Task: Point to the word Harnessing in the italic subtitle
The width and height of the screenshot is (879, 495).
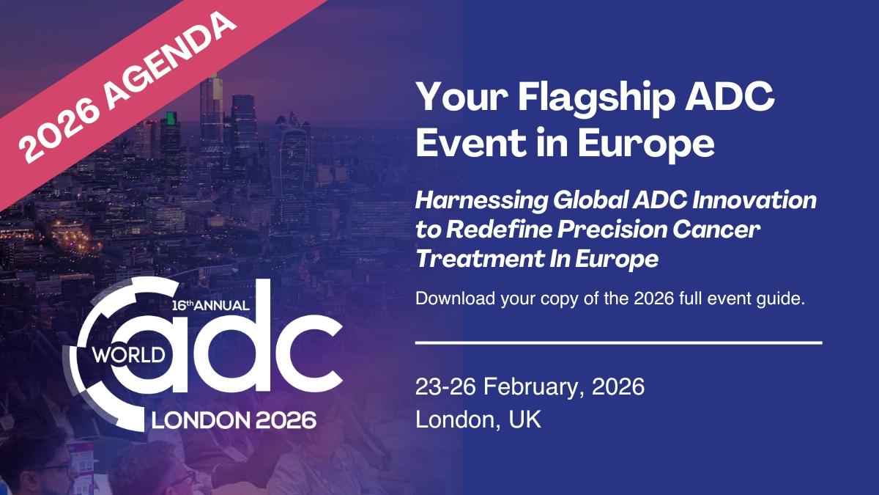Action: [x=481, y=201]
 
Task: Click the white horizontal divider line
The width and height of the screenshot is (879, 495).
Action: [x=619, y=343]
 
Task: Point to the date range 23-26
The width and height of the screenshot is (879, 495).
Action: [x=445, y=386]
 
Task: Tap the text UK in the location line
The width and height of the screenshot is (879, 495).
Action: [x=524, y=419]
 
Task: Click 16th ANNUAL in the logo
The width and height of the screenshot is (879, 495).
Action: [x=211, y=305]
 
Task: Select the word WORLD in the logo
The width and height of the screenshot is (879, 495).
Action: [x=129, y=355]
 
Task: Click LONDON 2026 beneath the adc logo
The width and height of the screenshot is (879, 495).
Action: [x=234, y=420]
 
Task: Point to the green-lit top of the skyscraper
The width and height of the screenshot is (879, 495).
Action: [x=170, y=117]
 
